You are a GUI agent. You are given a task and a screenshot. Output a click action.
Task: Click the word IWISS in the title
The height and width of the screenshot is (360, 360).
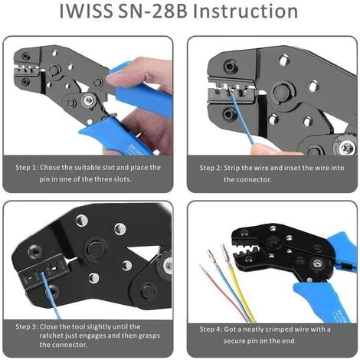[x=86, y=11]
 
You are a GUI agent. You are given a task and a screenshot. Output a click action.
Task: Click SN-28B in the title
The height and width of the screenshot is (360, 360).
[x=152, y=11]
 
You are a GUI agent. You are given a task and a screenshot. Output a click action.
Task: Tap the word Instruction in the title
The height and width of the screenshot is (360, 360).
[x=246, y=11]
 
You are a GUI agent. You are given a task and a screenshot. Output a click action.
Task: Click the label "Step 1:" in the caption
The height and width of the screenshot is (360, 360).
[x=27, y=168]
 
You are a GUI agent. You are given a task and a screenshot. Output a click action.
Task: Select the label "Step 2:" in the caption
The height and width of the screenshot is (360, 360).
[x=211, y=168]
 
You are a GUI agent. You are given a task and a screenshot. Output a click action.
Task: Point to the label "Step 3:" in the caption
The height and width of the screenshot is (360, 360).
[x=27, y=327]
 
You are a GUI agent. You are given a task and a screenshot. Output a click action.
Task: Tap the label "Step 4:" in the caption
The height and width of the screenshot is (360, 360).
[x=211, y=329]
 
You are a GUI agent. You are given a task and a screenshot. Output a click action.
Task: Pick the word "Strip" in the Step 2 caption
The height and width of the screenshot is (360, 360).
[x=231, y=168]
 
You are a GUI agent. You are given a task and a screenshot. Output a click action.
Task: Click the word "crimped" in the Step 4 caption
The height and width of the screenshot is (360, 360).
[x=280, y=329]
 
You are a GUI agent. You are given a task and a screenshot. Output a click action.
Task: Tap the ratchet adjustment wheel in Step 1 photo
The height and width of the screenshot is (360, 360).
[x=90, y=101]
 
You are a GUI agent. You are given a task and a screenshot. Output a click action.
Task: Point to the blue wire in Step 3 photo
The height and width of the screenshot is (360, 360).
[x=51, y=296]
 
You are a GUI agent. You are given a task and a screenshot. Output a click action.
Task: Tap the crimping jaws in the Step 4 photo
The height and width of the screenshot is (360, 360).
[x=247, y=247]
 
